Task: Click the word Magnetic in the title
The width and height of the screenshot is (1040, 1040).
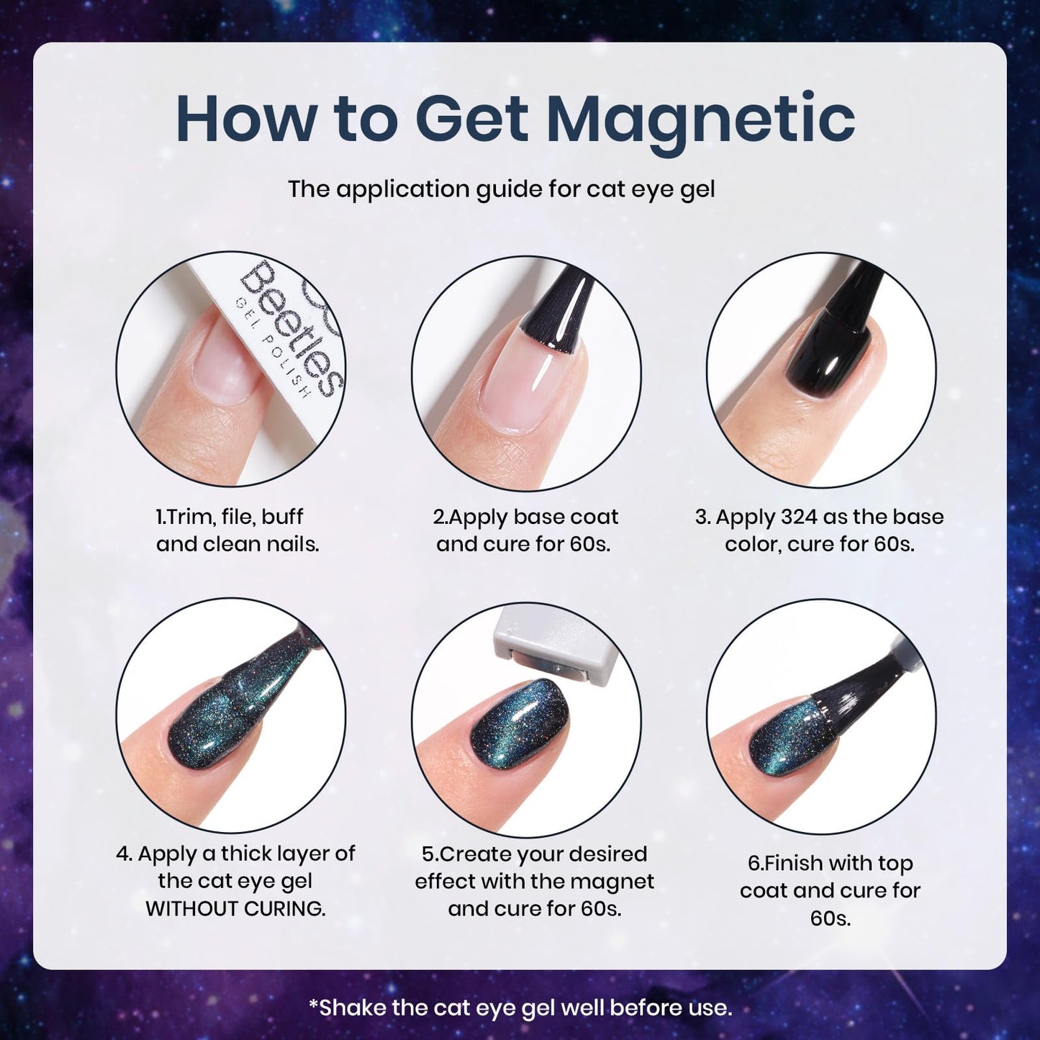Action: [x=700, y=119]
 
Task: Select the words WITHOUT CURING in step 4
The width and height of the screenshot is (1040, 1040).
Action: [x=235, y=908]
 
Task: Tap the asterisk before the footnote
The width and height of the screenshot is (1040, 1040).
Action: [x=313, y=1004]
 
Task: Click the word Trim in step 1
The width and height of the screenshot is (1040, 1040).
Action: [x=183, y=517]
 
